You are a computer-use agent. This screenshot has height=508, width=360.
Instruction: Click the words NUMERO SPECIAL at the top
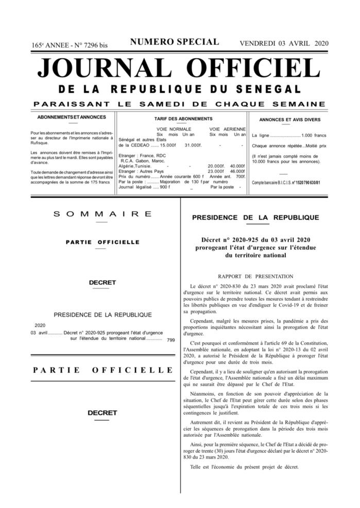tap(175, 42)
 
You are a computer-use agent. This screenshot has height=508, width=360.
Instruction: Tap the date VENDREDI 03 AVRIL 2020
tap(284, 43)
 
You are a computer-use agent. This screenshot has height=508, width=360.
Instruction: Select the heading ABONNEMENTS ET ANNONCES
tap(72, 117)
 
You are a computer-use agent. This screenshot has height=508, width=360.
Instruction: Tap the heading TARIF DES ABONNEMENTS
tap(176, 118)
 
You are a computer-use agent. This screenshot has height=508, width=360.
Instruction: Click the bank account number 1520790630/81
tap(306, 183)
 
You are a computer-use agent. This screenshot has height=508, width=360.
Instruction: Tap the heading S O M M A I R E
tap(103, 214)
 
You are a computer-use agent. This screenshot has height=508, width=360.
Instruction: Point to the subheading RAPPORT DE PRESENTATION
tap(255, 277)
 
